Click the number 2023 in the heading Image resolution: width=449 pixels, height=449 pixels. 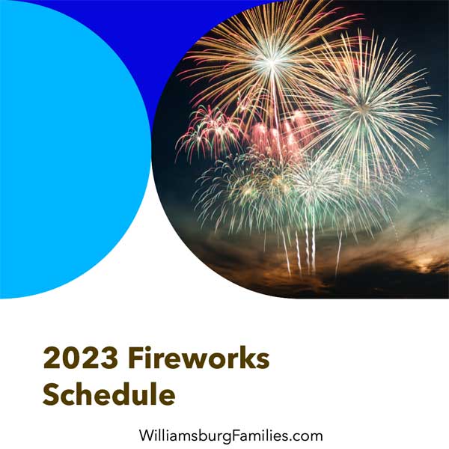pos(81,358)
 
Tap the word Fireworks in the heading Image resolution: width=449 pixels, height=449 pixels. pos(199,358)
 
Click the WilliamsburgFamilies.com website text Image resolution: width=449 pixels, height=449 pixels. pos(230,436)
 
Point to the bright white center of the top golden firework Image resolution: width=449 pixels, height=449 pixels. pos(272,61)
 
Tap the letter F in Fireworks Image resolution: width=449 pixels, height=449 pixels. pos(135,358)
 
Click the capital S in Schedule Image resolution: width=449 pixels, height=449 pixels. pos(51,394)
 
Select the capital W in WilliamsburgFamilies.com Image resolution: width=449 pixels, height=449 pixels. pos(147,436)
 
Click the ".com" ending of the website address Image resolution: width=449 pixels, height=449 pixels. pos(305,436)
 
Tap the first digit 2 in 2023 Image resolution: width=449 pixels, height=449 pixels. pos(52,358)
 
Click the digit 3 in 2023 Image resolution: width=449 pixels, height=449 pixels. pos(109,358)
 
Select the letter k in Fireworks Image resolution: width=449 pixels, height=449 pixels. pos(244,358)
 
